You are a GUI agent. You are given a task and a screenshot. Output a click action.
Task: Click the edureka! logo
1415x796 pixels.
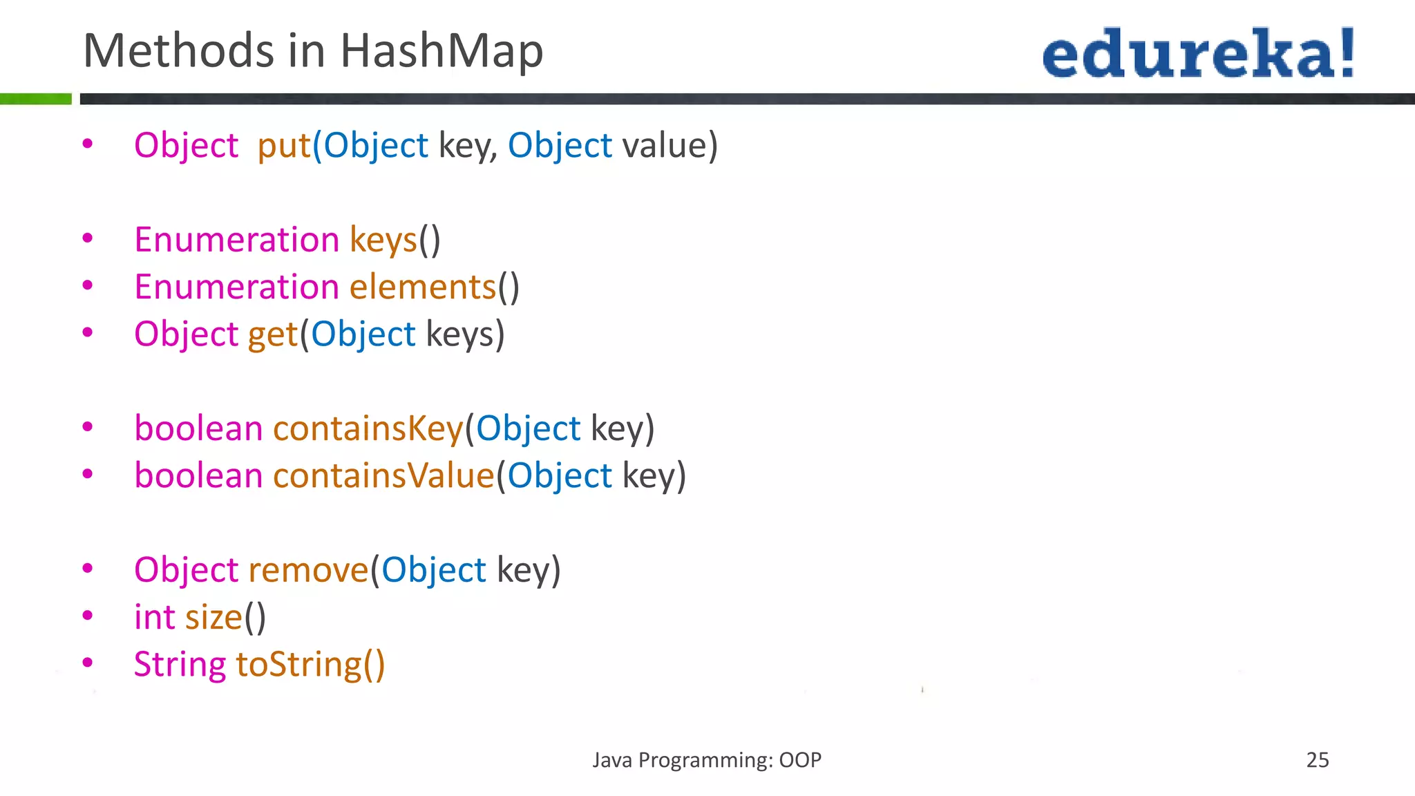point(1198,53)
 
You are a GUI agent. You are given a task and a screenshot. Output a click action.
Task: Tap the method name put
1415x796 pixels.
point(283,146)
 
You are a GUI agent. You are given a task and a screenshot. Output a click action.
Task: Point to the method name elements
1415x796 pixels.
point(423,287)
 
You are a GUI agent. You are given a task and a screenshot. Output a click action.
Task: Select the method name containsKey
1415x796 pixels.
point(368,428)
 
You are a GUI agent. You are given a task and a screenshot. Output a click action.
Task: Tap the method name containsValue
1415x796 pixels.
point(383,476)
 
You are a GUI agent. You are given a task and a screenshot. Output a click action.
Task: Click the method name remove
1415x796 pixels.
point(308,570)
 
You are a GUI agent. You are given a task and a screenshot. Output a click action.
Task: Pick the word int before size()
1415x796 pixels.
point(154,617)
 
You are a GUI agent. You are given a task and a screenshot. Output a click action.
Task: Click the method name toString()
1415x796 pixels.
point(310,665)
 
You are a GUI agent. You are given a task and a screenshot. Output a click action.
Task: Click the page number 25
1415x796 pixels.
point(1317,760)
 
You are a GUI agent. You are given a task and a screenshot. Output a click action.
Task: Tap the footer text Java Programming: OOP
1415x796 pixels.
point(706,760)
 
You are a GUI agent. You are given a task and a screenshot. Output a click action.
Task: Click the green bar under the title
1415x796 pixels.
point(35,99)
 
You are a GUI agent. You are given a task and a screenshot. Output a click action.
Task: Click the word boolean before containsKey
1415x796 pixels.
point(198,428)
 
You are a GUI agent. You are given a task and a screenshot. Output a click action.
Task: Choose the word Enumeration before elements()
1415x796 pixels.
point(236,287)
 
